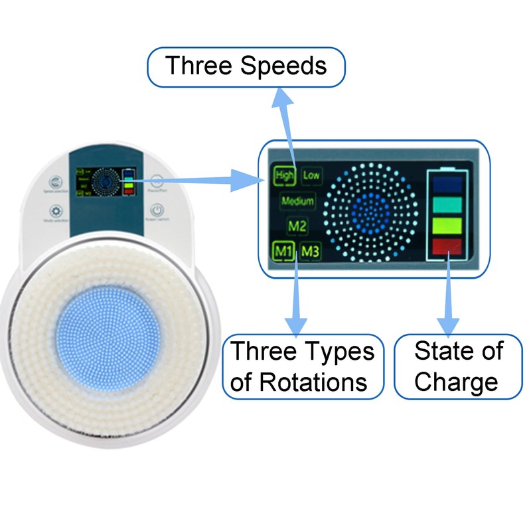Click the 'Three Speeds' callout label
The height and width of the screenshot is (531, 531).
tap(246, 66)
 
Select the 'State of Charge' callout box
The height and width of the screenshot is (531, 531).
tap(459, 366)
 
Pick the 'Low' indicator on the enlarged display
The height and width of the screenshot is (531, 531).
tap(311, 175)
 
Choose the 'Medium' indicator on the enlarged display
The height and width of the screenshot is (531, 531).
tap(297, 200)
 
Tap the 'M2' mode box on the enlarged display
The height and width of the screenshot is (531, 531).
tap(297, 226)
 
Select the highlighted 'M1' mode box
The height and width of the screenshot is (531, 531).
tap(283, 252)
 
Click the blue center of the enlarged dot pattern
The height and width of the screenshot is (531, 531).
tap(370, 211)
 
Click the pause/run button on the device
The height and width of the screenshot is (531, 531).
tap(157, 181)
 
